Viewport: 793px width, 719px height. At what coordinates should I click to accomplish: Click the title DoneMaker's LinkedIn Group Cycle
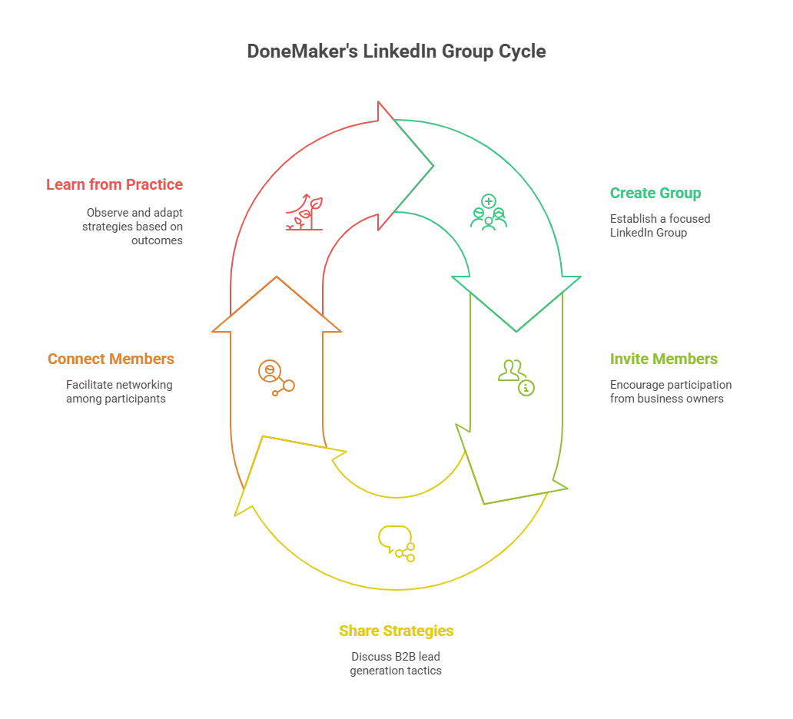coord(396,51)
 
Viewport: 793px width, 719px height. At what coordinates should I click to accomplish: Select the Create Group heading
coord(655,193)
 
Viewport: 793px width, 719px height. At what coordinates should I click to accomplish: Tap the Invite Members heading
coord(664,359)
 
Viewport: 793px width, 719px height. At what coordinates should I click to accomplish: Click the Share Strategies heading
coord(396,631)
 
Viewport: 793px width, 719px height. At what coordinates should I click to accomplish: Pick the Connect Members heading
coord(111,359)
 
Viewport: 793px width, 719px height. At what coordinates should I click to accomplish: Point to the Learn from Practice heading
coord(114,184)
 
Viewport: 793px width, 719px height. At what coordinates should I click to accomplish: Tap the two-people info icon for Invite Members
coord(516,376)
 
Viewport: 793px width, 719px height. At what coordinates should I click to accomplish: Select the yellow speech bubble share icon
coord(396,543)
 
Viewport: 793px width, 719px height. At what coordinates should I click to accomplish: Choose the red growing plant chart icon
coord(304,213)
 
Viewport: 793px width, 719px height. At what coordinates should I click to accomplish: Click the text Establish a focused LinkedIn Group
coord(660,225)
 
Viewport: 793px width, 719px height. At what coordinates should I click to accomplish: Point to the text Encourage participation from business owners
coord(671,391)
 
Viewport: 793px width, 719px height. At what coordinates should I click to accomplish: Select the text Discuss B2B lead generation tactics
coord(396,663)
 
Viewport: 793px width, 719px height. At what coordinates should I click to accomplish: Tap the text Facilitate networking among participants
coord(119,391)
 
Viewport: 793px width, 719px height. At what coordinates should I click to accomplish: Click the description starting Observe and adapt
coord(134,226)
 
